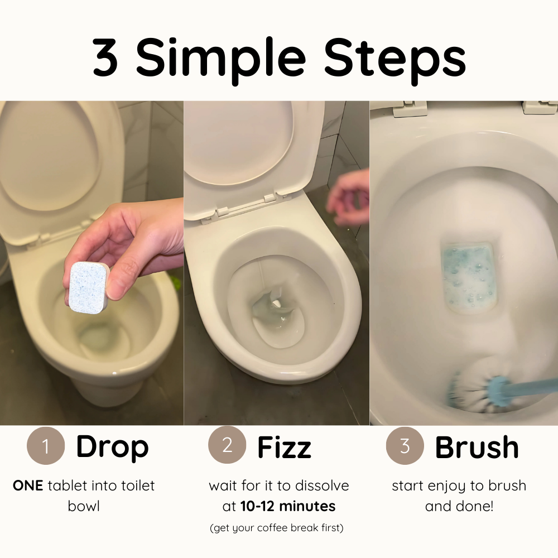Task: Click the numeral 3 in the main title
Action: point(105,57)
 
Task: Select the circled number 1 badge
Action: point(46,446)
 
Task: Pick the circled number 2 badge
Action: point(227,445)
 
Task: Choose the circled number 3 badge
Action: point(405,445)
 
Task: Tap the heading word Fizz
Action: point(284,447)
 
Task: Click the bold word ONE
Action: point(28,485)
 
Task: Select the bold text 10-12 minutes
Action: point(288,506)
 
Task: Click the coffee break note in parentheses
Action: point(277,528)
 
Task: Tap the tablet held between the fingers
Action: point(89,287)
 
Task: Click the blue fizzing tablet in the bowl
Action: point(467,276)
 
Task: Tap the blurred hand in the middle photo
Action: point(347,197)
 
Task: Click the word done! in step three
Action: point(477,506)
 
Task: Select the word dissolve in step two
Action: point(322,485)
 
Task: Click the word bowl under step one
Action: point(84,506)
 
